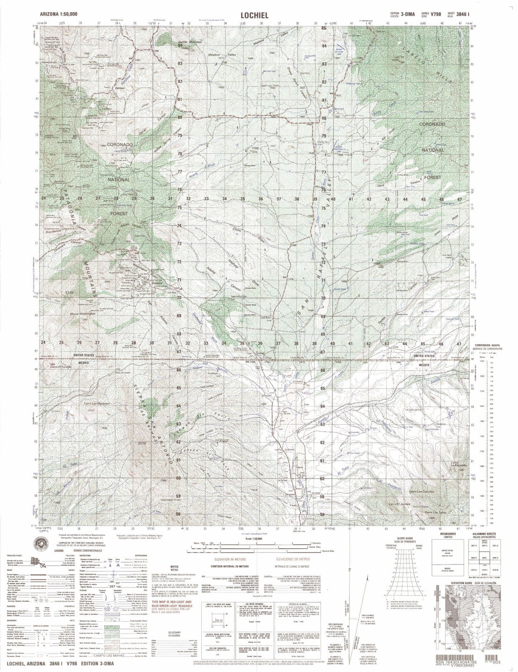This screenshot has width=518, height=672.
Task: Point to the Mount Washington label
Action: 83,313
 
